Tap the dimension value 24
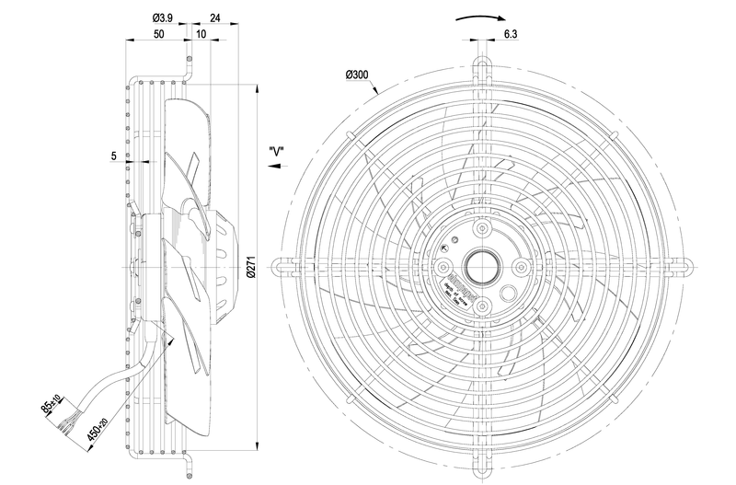[x=215, y=17]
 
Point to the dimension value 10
[x=201, y=33]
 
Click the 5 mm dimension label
[x=113, y=156]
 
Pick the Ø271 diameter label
[x=252, y=268]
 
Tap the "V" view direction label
[x=275, y=151]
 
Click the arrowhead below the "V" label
[x=273, y=167]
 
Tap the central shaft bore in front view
[x=481, y=267]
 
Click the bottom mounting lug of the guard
[x=481, y=467]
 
